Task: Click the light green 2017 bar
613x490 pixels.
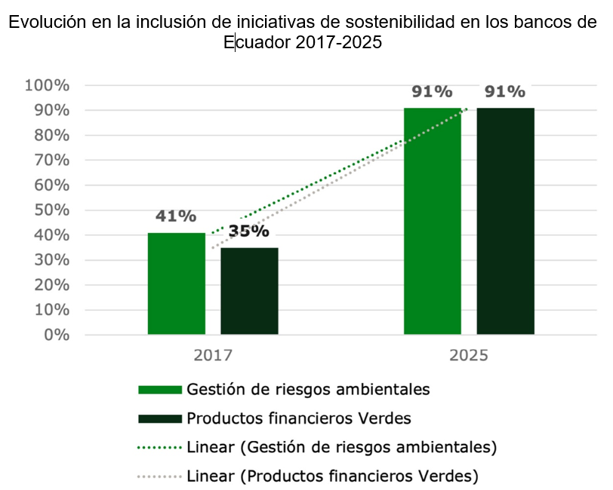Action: (177, 283)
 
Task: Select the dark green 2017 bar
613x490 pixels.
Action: (249, 291)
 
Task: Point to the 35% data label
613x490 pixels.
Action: (248, 231)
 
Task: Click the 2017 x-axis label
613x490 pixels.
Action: (213, 355)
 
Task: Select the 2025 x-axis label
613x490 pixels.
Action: (469, 355)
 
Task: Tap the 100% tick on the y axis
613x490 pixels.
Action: (48, 85)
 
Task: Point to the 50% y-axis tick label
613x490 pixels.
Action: (51, 210)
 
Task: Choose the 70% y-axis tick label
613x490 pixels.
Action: (51, 160)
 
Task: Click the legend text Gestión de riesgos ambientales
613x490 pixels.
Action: (308, 390)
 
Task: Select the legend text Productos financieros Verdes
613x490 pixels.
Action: (298, 418)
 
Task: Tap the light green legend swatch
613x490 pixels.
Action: (160, 390)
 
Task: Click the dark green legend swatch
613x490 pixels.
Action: (160, 418)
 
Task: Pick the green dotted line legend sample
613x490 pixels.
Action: (160, 447)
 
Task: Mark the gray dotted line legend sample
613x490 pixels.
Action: (160, 476)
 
